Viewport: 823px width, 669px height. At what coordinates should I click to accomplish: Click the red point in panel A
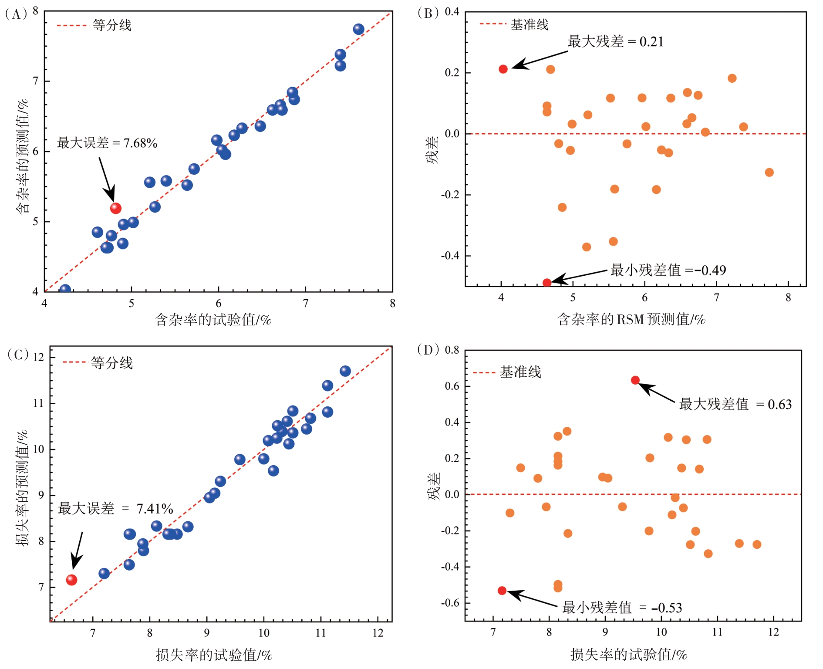(115, 208)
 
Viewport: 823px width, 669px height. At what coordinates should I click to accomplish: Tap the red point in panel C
(71, 580)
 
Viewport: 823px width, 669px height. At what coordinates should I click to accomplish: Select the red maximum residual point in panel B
(503, 69)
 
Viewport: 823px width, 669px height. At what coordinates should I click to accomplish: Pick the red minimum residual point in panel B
(547, 283)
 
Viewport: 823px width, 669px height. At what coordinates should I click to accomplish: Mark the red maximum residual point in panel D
(635, 380)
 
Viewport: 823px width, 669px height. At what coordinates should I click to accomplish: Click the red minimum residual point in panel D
(502, 591)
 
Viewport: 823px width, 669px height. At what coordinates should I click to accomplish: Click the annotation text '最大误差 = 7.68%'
(107, 143)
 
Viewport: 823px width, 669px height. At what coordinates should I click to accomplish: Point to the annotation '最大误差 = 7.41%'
(115, 508)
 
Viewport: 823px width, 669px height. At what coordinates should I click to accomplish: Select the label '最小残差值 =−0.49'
(668, 270)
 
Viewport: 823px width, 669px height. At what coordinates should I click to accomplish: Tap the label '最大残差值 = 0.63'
(735, 404)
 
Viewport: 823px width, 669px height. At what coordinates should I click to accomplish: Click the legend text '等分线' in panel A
(112, 25)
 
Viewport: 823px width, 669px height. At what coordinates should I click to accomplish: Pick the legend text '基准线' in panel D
(520, 372)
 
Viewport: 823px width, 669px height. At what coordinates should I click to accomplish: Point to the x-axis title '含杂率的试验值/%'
(213, 320)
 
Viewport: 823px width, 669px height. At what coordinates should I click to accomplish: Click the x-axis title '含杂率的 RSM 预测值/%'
(631, 320)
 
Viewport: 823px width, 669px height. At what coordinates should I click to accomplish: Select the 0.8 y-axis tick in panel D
(452, 350)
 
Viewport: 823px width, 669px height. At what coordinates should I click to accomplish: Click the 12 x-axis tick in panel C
(378, 633)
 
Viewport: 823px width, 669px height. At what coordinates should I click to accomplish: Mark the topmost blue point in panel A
(358, 29)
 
